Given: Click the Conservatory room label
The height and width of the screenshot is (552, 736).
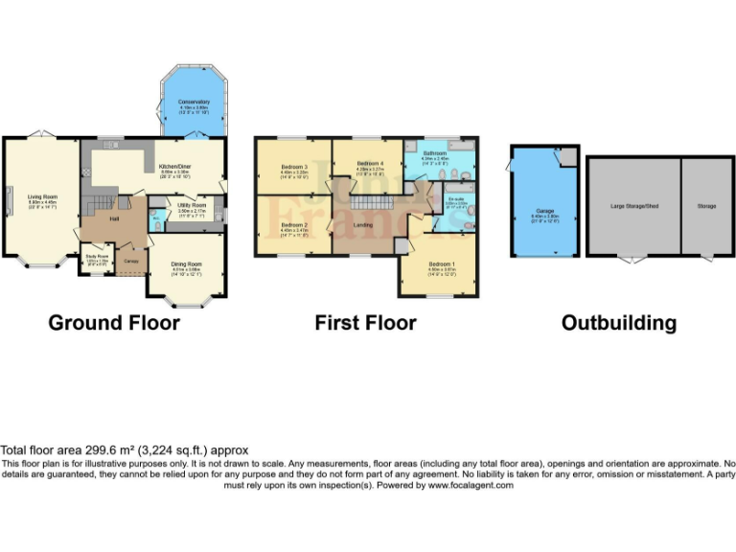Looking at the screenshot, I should coord(193,101).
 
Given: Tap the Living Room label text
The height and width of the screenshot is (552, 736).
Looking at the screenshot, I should coord(41,198).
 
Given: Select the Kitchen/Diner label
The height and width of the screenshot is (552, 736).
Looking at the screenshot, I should coord(176,166).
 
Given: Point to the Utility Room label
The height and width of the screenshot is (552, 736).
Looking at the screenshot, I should coord(192,205).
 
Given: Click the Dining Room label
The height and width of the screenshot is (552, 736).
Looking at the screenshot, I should coord(187,264).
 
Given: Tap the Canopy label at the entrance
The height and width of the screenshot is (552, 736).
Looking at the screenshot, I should coord(128,260).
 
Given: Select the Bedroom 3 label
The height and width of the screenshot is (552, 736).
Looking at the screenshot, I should coord(294,166).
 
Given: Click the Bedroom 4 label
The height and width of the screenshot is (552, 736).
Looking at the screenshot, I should coord(370,164).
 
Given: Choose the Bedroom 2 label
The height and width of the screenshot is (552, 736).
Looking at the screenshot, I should coord(292,225).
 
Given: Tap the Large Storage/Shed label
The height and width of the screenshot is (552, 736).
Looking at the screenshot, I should coord(634,205).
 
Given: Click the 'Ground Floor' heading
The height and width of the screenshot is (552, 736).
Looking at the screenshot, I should coord(114,323).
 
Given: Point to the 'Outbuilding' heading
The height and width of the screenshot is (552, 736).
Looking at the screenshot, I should coord(618,323).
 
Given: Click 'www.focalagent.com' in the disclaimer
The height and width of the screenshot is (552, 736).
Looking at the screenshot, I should coord(470,485).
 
